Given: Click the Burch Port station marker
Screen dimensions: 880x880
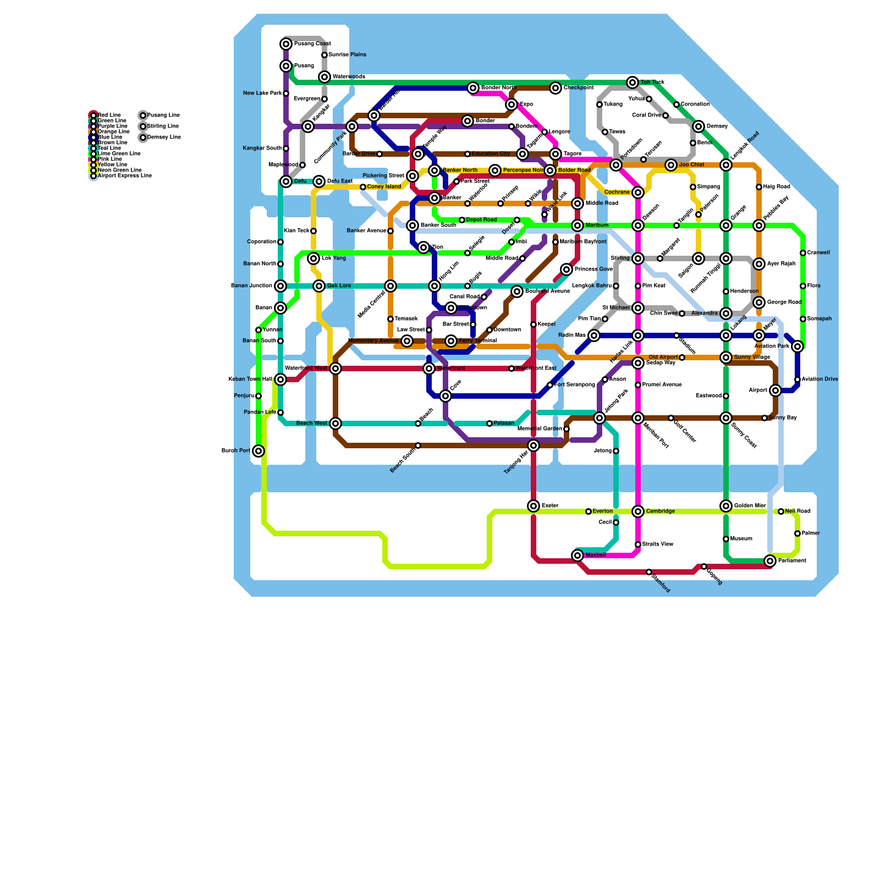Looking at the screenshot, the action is tap(258, 451).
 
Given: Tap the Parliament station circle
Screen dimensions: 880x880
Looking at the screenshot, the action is tap(770, 561).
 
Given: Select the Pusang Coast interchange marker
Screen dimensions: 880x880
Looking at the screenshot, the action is tap(286, 44).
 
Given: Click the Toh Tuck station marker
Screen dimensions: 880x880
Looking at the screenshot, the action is tap(632, 82).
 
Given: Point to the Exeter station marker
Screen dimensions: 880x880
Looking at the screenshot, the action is tap(533, 506).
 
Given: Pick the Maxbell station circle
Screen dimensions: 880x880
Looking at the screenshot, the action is tap(577, 555).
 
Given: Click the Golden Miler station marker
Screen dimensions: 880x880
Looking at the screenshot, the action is tap(726, 506).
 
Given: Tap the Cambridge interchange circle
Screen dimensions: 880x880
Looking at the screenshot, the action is tap(638, 512).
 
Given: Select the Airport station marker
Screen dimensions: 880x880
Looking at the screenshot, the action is tap(776, 391).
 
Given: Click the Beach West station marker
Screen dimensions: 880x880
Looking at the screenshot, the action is tap(335, 424).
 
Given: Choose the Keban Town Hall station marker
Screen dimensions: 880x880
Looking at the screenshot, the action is tap(280, 380).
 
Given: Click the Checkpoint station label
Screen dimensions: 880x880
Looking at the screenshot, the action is tap(579, 88).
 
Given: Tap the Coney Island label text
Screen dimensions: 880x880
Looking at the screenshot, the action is tap(384, 187).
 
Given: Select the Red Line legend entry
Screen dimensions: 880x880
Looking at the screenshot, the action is tap(109, 116).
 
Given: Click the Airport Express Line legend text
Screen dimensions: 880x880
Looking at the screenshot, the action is tap(124, 176).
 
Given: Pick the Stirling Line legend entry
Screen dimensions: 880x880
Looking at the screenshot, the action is tap(163, 127).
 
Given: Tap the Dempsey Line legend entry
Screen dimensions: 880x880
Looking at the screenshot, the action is tap(164, 137).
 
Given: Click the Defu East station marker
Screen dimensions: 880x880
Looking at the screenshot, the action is tap(319, 182).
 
